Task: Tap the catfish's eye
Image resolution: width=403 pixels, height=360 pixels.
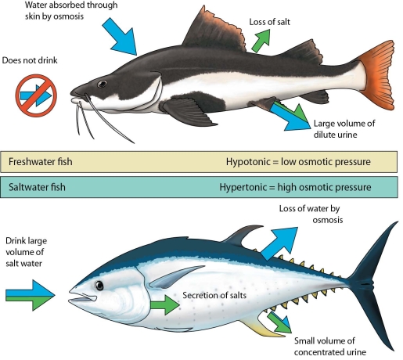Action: click(102, 84)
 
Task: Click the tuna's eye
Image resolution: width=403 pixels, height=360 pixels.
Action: click(99, 286)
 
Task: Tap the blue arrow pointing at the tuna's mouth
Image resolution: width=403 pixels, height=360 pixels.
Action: click(29, 296)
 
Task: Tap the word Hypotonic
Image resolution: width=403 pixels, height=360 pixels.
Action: click(250, 162)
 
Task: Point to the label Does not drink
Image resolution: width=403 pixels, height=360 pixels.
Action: click(31, 59)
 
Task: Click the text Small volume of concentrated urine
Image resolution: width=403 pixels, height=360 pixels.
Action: click(337, 346)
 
